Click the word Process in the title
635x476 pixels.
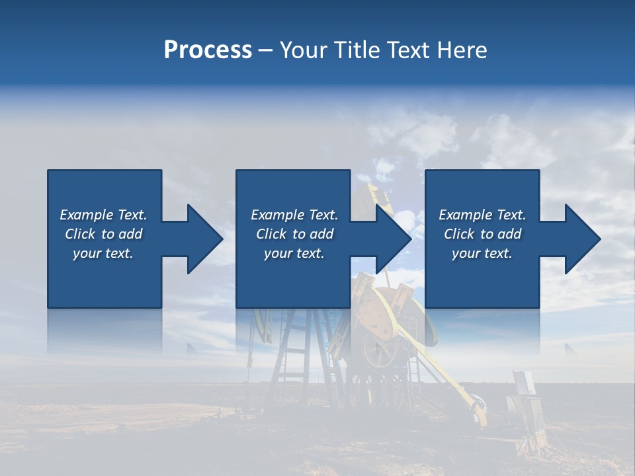208,50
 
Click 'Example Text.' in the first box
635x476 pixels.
103,215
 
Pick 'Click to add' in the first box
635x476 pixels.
103,234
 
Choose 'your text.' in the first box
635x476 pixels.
103,253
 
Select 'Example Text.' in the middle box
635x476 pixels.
294,215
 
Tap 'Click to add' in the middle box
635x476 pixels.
294,234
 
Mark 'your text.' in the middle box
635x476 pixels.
294,253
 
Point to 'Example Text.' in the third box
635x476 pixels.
482,215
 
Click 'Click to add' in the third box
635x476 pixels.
482,234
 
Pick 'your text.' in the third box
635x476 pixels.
482,253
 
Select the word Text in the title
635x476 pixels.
407,50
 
